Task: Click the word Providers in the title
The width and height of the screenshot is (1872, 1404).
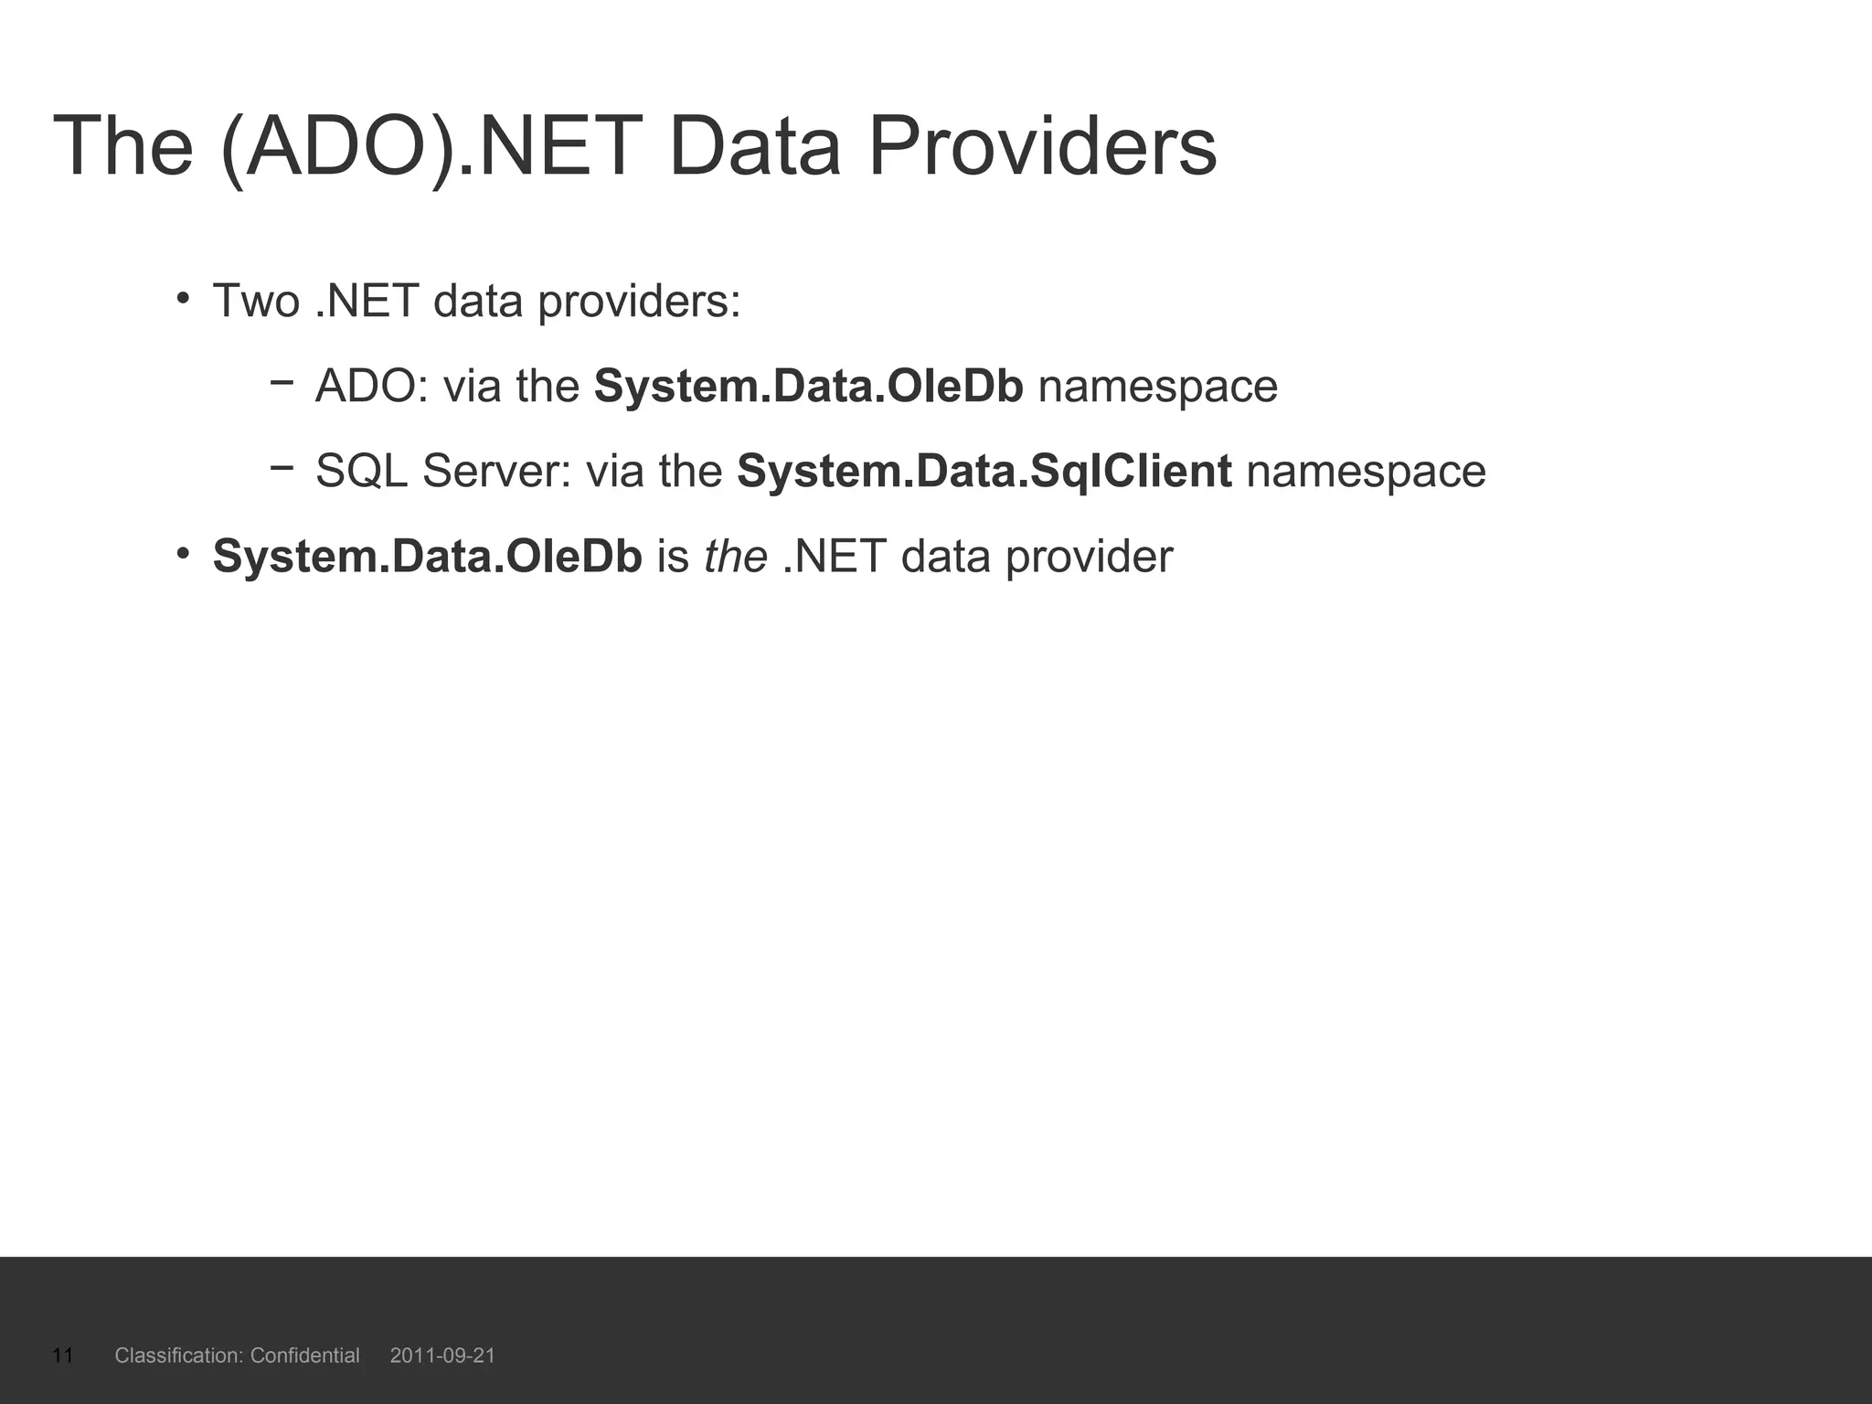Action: (x=1042, y=146)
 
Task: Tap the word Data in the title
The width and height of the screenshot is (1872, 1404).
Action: (x=754, y=146)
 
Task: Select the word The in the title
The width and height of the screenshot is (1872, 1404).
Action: (x=123, y=146)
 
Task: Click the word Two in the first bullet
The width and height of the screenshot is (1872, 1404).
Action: (x=256, y=301)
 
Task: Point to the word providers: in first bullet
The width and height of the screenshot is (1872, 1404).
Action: (x=639, y=301)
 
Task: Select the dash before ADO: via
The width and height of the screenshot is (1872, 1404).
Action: (x=282, y=381)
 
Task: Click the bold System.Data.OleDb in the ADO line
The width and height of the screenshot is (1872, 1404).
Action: (x=808, y=386)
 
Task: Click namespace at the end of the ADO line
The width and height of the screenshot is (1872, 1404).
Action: (x=1157, y=386)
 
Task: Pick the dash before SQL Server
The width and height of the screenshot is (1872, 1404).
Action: (x=282, y=466)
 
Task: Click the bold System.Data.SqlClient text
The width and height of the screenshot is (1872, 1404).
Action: (x=984, y=471)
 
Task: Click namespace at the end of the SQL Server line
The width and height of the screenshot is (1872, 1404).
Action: (x=1366, y=471)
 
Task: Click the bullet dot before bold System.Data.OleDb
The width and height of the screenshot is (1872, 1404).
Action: (x=183, y=553)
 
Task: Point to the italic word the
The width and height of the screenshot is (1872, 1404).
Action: (x=735, y=556)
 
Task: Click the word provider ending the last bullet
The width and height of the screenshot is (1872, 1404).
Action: (x=1089, y=556)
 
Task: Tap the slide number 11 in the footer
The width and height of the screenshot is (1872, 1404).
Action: (x=62, y=1355)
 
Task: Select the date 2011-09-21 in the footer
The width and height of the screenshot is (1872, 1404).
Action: (x=442, y=1355)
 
